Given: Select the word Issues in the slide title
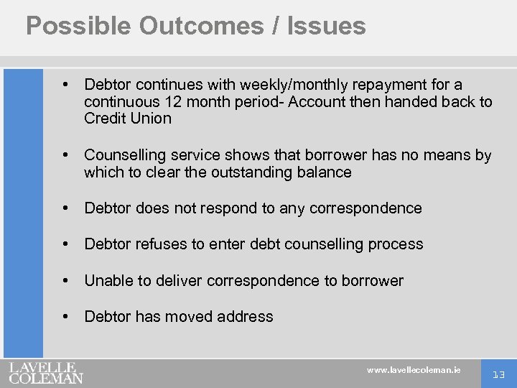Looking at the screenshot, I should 326,26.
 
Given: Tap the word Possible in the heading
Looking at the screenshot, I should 78,26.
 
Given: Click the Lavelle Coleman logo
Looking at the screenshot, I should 46,372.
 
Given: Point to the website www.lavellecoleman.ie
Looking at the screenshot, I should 414,370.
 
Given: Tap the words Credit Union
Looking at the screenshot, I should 128,119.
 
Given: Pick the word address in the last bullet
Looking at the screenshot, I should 246,317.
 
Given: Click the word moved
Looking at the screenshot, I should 190,317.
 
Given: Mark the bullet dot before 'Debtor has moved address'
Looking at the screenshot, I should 67,316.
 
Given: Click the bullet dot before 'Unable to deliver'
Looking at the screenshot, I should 67,280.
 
